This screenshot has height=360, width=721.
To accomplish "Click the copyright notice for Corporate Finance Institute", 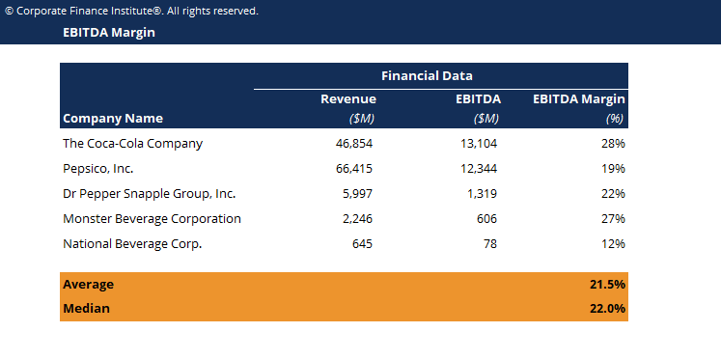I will pos(131,11).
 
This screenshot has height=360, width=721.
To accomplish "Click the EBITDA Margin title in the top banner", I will pos(108,33).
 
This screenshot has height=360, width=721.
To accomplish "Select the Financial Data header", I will pos(427,75).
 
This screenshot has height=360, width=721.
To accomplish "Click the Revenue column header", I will pos(347,98).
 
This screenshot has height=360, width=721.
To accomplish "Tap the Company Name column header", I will pos(112,119).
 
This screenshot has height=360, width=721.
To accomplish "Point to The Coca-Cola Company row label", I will pos(132,143).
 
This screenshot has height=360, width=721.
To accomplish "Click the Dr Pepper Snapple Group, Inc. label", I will pos(149,193).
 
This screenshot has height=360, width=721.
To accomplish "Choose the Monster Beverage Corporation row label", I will pos(152,218).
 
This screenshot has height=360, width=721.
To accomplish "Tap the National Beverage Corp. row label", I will pos(131,243).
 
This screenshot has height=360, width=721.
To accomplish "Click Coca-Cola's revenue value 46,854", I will pos(352,143).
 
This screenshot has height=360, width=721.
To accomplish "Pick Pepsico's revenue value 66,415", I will pos(352,168).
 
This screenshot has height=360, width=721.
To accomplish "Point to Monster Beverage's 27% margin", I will pos(613,218).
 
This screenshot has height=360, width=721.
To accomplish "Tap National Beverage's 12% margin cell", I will pos(613,243).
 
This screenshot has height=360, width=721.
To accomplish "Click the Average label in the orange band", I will pos(88,285).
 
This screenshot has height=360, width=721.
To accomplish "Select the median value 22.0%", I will pos(606,309).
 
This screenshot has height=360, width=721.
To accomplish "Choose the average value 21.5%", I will pos(606,285).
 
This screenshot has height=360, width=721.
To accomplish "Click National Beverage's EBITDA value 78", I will pos(490,243).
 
